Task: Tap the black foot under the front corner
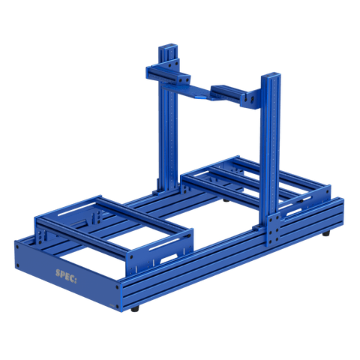[135, 308]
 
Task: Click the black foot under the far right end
[327, 235]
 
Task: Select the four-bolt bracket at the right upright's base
[271, 228]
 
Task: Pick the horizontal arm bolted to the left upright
[166, 75]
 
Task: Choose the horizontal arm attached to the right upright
[236, 94]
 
